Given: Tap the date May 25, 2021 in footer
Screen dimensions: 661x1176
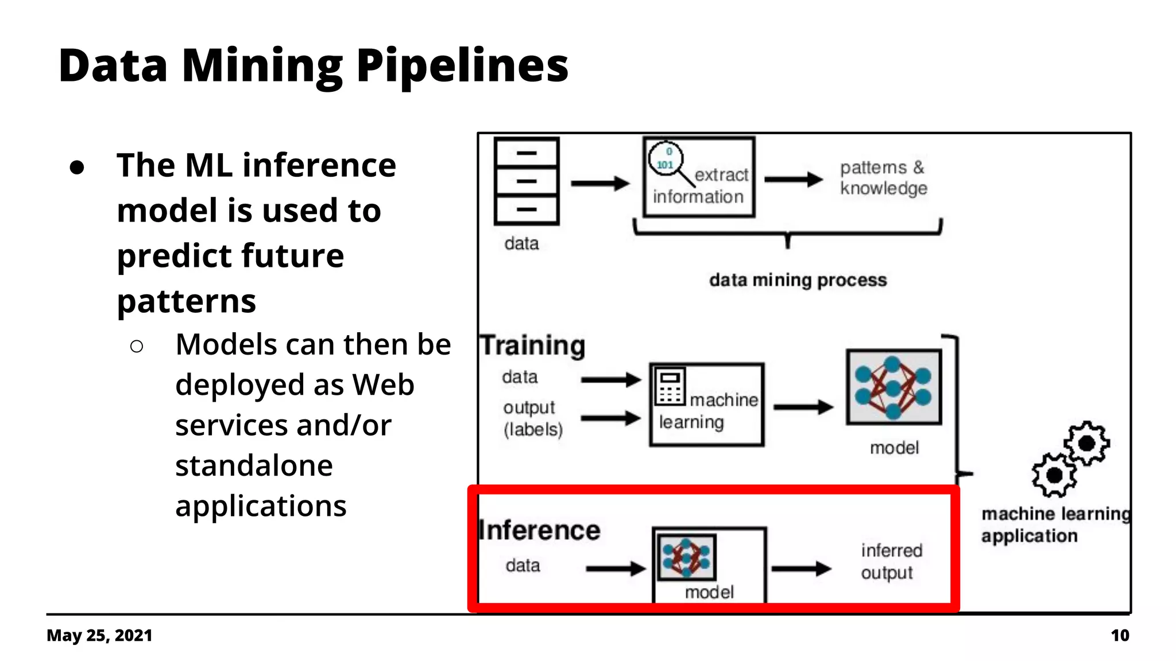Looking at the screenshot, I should pos(99,635).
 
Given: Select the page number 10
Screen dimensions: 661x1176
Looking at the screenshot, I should pos(1119,635).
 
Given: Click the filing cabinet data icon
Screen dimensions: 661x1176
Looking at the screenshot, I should pos(526,181).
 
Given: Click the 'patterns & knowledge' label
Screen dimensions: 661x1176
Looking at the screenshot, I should pos(883,178).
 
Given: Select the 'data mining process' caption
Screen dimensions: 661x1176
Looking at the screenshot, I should pos(798,280).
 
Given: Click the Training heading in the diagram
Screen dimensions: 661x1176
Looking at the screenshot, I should pos(532,345).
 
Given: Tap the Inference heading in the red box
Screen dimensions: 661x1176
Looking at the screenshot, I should pos(540,530).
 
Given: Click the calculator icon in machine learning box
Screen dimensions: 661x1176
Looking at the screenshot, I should pos(670,387).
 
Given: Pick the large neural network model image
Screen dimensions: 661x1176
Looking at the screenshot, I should pos(893,387).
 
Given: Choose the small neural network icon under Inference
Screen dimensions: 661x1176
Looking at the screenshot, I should pos(686,557).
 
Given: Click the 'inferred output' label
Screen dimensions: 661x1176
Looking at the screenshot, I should pos(891,561).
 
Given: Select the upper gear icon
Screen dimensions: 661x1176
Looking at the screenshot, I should pos(1086,443).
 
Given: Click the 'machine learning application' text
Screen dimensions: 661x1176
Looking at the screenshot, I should pos(1054,524).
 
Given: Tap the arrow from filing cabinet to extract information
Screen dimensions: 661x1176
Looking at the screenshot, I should pos(600,184).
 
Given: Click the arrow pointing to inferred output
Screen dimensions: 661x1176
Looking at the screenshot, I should pos(801,569).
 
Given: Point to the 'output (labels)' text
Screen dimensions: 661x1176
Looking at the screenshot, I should pos(532,418).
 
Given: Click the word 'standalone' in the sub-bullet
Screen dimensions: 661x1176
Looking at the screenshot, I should pos(254,465).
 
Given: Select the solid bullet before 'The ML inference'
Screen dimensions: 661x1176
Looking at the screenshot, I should pos(77,168).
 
